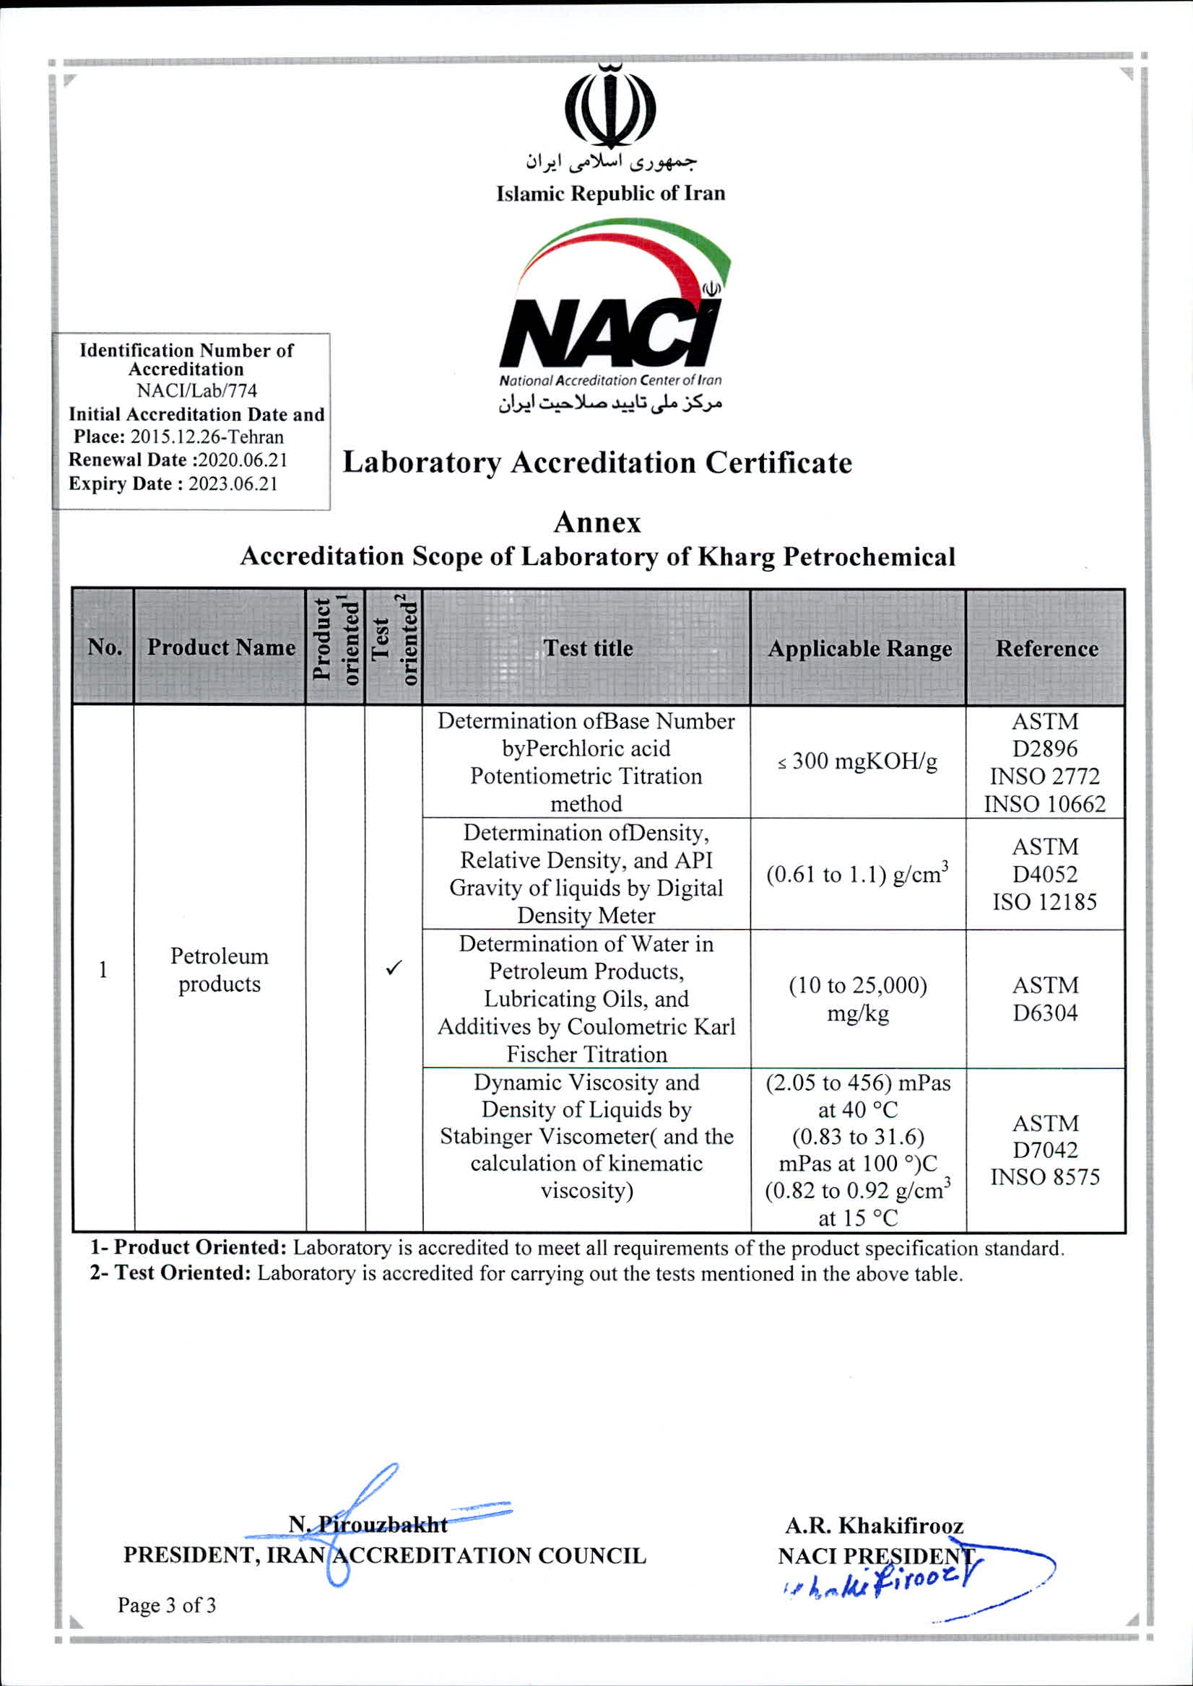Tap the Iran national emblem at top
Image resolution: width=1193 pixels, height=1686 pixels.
coord(609,107)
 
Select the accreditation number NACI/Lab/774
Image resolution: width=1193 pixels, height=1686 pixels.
coord(197,390)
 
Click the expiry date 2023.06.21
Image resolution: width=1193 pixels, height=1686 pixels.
coord(233,484)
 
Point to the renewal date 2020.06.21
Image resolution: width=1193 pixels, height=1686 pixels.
coord(243,460)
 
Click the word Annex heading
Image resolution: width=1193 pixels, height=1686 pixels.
coord(596,523)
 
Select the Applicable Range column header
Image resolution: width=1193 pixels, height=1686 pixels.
coord(859,648)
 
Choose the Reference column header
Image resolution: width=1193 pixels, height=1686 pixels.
coord(1046,648)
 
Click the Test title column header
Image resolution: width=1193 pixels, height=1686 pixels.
coord(588,647)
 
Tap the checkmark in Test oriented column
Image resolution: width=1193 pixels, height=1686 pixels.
coord(394,968)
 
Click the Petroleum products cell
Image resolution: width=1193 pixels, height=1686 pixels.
coord(219,969)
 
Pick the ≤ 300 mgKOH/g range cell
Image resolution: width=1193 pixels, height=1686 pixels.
coord(858,761)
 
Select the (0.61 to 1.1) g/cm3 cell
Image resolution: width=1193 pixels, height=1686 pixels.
coord(857,874)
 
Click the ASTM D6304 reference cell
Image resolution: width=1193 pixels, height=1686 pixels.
coord(1045,999)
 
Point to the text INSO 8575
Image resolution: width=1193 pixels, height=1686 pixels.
coord(1045,1177)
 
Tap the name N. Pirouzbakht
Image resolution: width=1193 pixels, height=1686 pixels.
coord(368,1524)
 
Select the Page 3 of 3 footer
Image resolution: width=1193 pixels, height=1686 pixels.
coord(167,1605)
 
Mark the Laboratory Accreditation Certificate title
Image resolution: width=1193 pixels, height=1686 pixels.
coord(596,463)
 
